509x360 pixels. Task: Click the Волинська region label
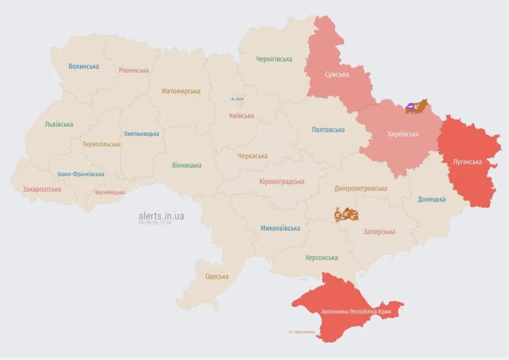pyautogui.click(x=83, y=66)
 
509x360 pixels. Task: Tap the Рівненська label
pyautogui.click(x=134, y=71)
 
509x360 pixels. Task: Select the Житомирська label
pyautogui.click(x=180, y=91)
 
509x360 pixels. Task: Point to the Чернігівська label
pyautogui.click(x=274, y=59)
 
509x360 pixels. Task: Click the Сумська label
pyautogui.click(x=337, y=74)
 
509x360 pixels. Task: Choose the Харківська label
pyautogui.click(x=403, y=134)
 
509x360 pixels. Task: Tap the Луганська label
pyautogui.click(x=468, y=161)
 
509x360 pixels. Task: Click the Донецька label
pyautogui.click(x=431, y=199)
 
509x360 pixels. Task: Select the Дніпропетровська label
pyautogui.click(x=361, y=189)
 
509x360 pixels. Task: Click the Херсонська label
pyautogui.click(x=321, y=257)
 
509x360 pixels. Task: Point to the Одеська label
pyautogui.click(x=216, y=277)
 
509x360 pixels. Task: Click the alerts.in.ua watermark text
pyautogui.click(x=161, y=216)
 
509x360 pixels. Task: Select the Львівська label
pyautogui.click(x=59, y=124)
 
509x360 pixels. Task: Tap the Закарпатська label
pyautogui.click(x=42, y=190)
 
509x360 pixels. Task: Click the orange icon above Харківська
pyautogui.click(x=416, y=107)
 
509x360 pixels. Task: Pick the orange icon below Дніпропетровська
pyautogui.click(x=346, y=214)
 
